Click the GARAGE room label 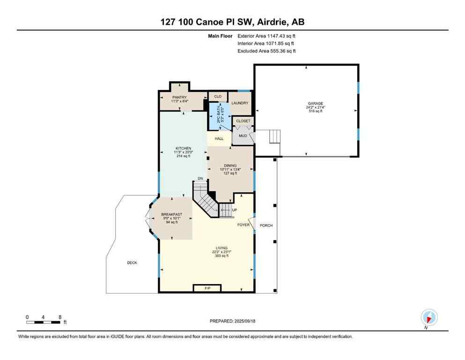[315, 104]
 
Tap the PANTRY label [179, 97]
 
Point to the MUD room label [243, 136]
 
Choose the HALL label [219, 139]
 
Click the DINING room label [230, 165]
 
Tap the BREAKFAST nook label [171, 214]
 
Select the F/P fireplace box [207, 288]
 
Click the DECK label [132, 262]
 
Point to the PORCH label [266, 225]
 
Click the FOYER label [244, 225]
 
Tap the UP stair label [235, 210]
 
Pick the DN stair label [200, 179]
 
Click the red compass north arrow [429, 317]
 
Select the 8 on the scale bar [60, 317]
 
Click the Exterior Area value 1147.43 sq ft [280, 35]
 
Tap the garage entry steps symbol [274, 137]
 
